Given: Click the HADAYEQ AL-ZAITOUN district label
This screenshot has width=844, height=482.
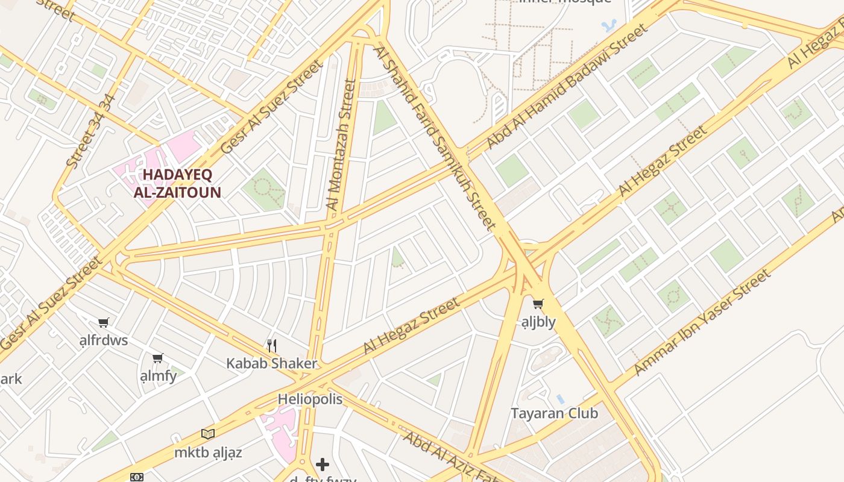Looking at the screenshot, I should point(177,184).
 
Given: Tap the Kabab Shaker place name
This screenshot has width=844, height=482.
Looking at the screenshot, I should point(271,363).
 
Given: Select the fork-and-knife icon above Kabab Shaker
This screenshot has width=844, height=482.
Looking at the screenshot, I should point(272,345).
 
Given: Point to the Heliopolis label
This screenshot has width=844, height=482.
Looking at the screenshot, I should point(310,399).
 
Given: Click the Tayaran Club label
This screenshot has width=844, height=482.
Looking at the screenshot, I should point(554,413).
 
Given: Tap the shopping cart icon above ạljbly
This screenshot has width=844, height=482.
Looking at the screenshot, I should point(538,304).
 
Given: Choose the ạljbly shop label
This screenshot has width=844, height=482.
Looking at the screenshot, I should point(538,322).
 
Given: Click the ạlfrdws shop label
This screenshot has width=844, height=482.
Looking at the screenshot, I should point(104,340).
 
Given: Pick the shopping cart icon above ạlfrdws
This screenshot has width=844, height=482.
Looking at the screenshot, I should point(104,323).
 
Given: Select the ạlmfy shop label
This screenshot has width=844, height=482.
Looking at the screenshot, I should point(158,376).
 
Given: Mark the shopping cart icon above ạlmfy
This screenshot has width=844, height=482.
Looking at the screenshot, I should point(158,358).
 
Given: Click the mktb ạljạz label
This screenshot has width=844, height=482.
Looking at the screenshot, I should point(208,452).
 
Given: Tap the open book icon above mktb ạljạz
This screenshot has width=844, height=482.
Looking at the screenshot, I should point(208,434).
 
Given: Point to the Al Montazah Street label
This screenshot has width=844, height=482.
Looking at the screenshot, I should point(341,145).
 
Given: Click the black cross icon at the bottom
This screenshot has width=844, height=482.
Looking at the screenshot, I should point(323,464).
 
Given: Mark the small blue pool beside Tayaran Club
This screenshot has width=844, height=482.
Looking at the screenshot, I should point(561,399).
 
